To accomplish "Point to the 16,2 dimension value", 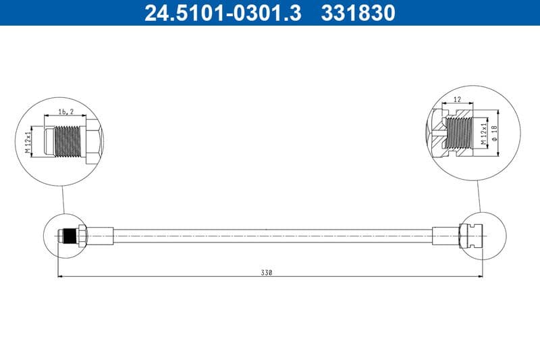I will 65,110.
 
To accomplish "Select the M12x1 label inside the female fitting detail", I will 483,134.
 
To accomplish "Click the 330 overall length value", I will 268,272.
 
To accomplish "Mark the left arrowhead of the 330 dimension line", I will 61,276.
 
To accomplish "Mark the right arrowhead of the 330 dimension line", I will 481,276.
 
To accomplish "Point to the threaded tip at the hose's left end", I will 67,236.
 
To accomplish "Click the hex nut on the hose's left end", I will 82,236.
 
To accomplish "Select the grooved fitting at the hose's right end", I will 470,235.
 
